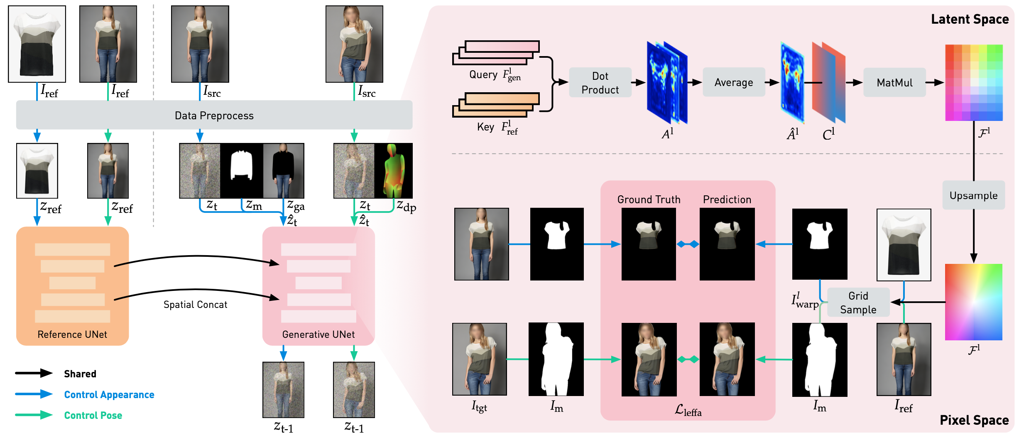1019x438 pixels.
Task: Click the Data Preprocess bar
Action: click(214, 115)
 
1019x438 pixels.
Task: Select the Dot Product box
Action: click(600, 83)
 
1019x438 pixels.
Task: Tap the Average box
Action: click(734, 83)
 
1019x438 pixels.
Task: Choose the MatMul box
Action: click(894, 83)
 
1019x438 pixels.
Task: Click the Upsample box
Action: click(973, 195)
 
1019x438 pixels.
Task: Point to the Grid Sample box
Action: click(858, 303)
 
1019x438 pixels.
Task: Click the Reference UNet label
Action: click(72, 335)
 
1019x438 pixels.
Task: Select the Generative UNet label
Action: click(318, 335)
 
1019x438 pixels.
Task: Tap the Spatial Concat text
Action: click(195, 305)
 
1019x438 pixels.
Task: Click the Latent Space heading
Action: click(970, 19)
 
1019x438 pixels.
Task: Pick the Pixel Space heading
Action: click(974, 420)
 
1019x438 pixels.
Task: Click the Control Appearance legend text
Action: click(109, 395)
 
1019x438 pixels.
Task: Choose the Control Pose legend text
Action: click(93, 416)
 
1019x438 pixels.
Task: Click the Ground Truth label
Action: click(649, 199)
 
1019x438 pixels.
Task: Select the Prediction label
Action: click(727, 199)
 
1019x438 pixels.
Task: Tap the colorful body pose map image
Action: click(394, 171)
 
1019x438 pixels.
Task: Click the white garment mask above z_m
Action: click(242, 171)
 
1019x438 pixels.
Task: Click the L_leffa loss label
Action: click(688, 411)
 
